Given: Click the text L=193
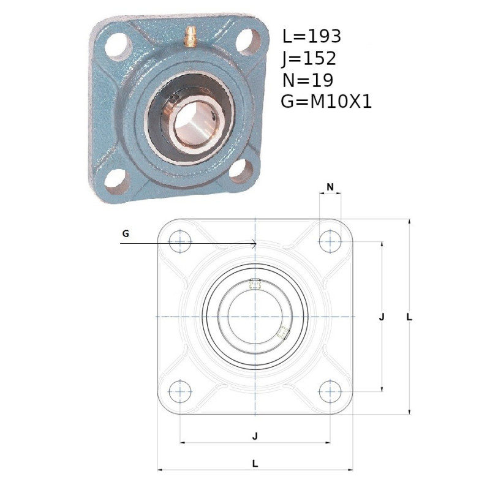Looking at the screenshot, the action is click(x=312, y=36).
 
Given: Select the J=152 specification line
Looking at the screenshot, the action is click(x=309, y=58).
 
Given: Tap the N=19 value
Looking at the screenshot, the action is click(x=308, y=80).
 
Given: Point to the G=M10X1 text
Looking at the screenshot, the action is click(x=326, y=102).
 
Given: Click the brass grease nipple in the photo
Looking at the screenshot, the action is click(x=190, y=37).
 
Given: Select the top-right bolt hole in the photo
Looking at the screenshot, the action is click(x=248, y=42).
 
